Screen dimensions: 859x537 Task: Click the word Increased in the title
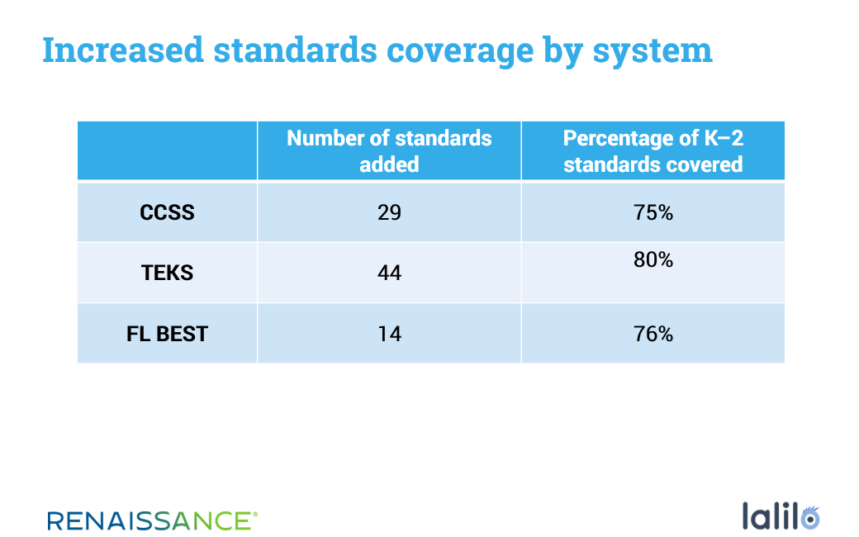pyautogui.click(x=123, y=50)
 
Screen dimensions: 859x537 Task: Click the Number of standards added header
pyautogui.click(x=389, y=150)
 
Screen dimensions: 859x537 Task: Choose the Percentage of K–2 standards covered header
pyautogui.click(x=653, y=150)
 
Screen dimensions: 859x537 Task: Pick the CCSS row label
pyautogui.click(x=167, y=212)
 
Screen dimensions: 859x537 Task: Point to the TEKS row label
pyautogui.click(x=167, y=273)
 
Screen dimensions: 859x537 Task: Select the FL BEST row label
pyautogui.click(x=167, y=334)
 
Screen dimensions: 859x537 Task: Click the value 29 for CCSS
pyautogui.click(x=389, y=212)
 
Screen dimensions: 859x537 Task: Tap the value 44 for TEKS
pyautogui.click(x=389, y=273)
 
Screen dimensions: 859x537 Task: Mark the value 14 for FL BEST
pyautogui.click(x=390, y=334)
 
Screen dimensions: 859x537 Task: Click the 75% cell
pyautogui.click(x=653, y=212)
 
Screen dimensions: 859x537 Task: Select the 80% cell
pyautogui.click(x=653, y=259)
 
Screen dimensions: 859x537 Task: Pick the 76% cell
pyautogui.click(x=653, y=334)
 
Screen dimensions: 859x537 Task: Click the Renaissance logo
pyautogui.click(x=152, y=520)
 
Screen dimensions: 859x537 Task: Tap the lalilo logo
pyautogui.click(x=781, y=516)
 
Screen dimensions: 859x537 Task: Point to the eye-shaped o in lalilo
pyautogui.click(x=809, y=518)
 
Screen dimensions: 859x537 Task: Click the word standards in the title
pyautogui.click(x=295, y=50)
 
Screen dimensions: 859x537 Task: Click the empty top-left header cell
pyautogui.click(x=167, y=150)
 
